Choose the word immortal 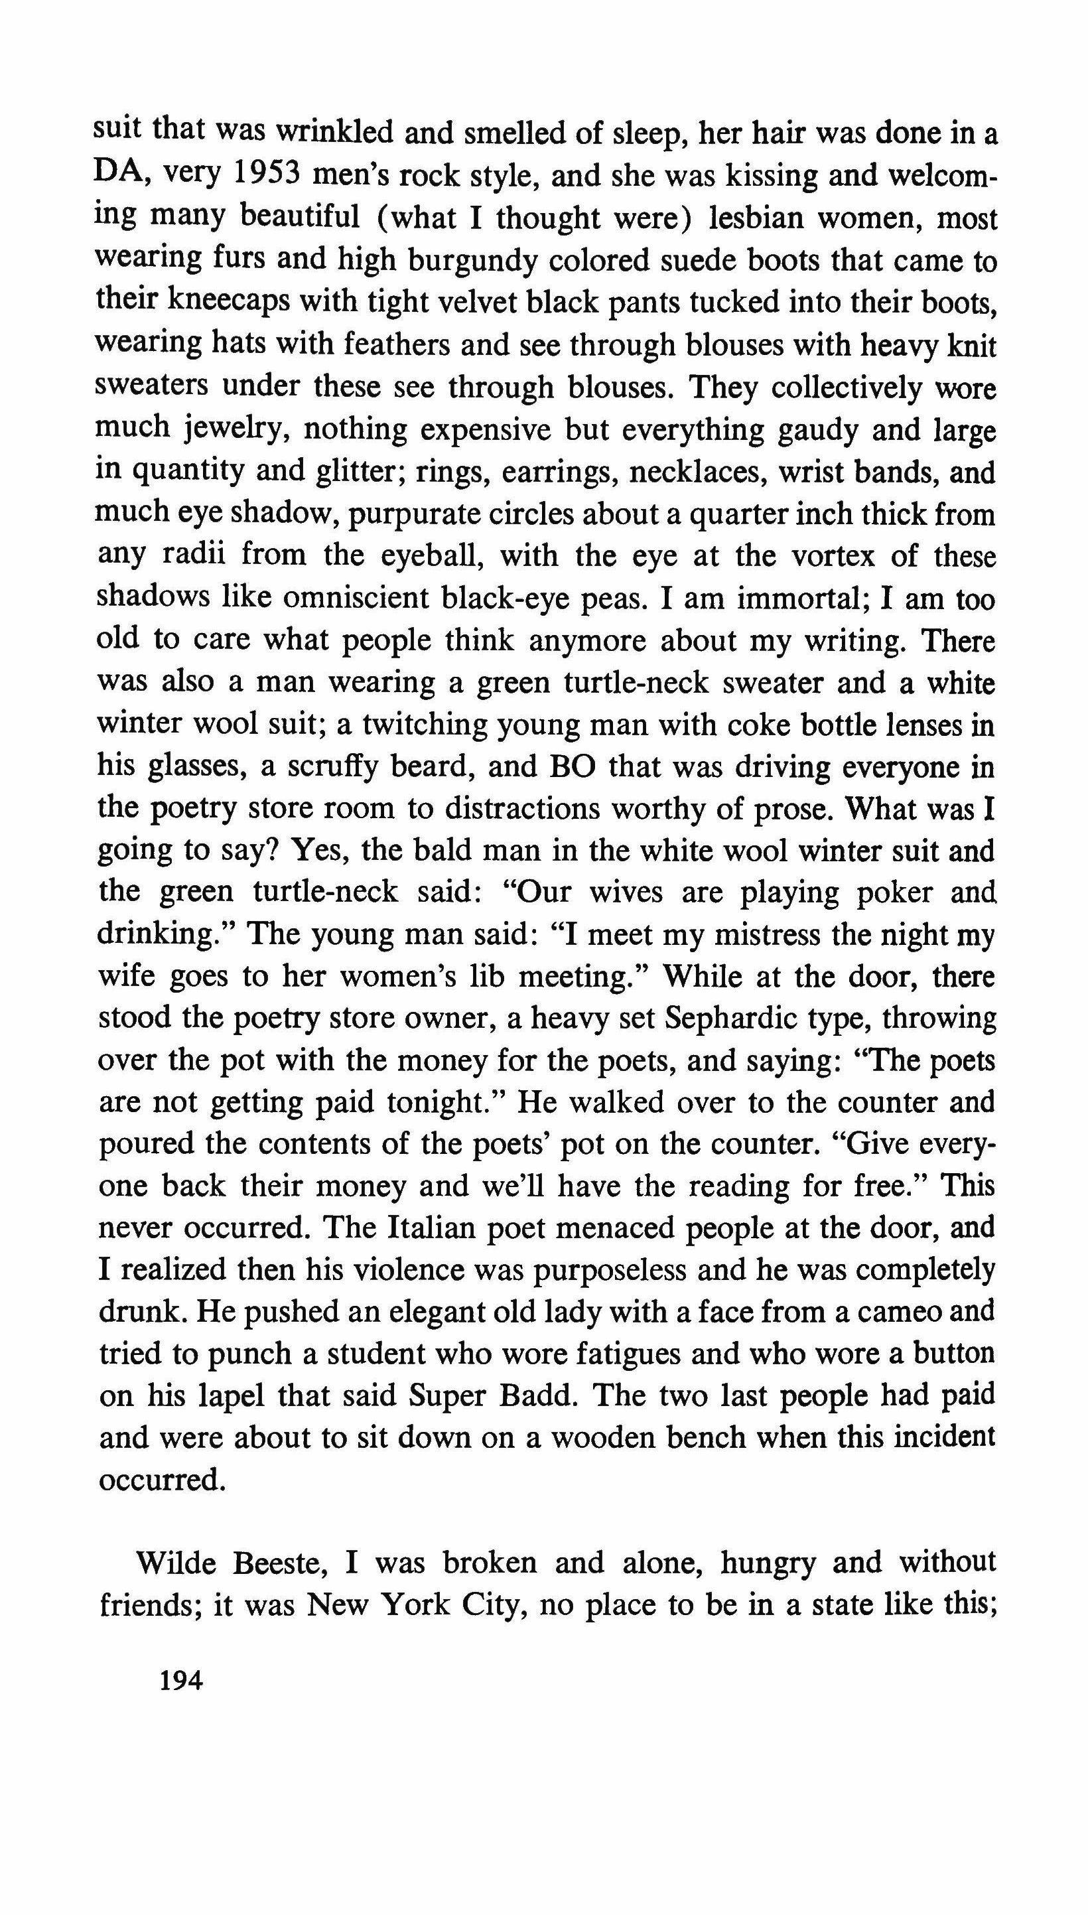click(x=800, y=599)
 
